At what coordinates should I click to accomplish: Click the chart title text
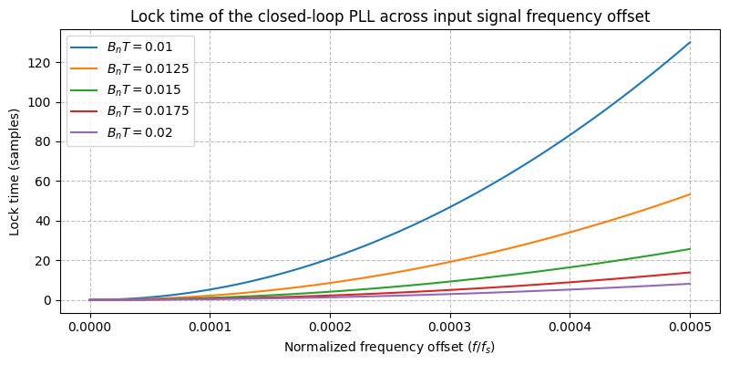click(389, 16)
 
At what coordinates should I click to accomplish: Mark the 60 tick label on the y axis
click(46, 182)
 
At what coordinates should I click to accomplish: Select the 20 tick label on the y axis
click(46, 261)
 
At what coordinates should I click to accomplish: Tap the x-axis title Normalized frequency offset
click(389, 348)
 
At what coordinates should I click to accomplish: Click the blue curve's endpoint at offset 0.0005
click(690, 42)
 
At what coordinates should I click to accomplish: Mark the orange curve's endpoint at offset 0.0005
click(690, 194)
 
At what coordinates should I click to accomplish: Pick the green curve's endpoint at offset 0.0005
click(690, 249)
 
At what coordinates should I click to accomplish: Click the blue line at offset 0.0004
click(570, 135)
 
